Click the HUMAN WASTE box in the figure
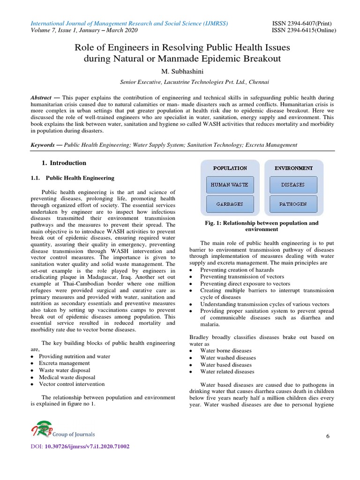(x=230, y=185)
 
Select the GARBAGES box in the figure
(x=230, y=204)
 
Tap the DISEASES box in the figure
(x=293, y=185)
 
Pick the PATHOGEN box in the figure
(x=293, y=204)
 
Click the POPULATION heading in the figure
(x=230, y=168)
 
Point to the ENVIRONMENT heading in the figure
(x=293, y=168)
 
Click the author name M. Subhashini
(x=180, y=71)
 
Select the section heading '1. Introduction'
(x=64, y=163)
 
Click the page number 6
(x=328, y=436)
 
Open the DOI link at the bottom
(x=87, y=447)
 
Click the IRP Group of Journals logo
(x=63, y=430)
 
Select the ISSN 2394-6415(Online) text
(x=304, y=30)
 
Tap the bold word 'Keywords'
(x=43, y=145)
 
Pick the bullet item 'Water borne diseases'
(x=225, y=351)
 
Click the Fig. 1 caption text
(x=261, y=226)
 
